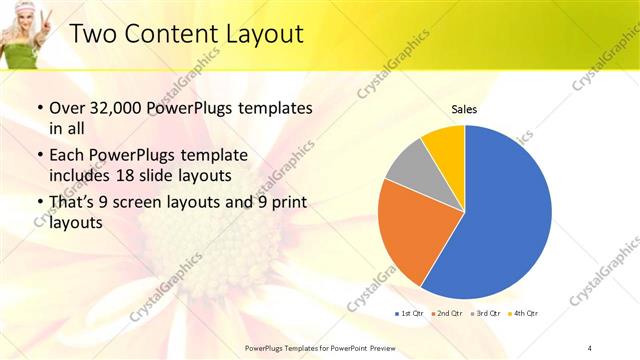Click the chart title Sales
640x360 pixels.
tap(464, 108)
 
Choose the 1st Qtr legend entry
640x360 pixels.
tap(407, 313)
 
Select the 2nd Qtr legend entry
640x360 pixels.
tap(445, 313)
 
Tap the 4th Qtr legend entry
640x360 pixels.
tap(523, 313)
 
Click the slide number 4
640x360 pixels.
tap(590, 346)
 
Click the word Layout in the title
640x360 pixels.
tap(258, 34)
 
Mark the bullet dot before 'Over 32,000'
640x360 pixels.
tap(39, 108)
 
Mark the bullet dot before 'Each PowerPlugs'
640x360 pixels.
tap(39, 155)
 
